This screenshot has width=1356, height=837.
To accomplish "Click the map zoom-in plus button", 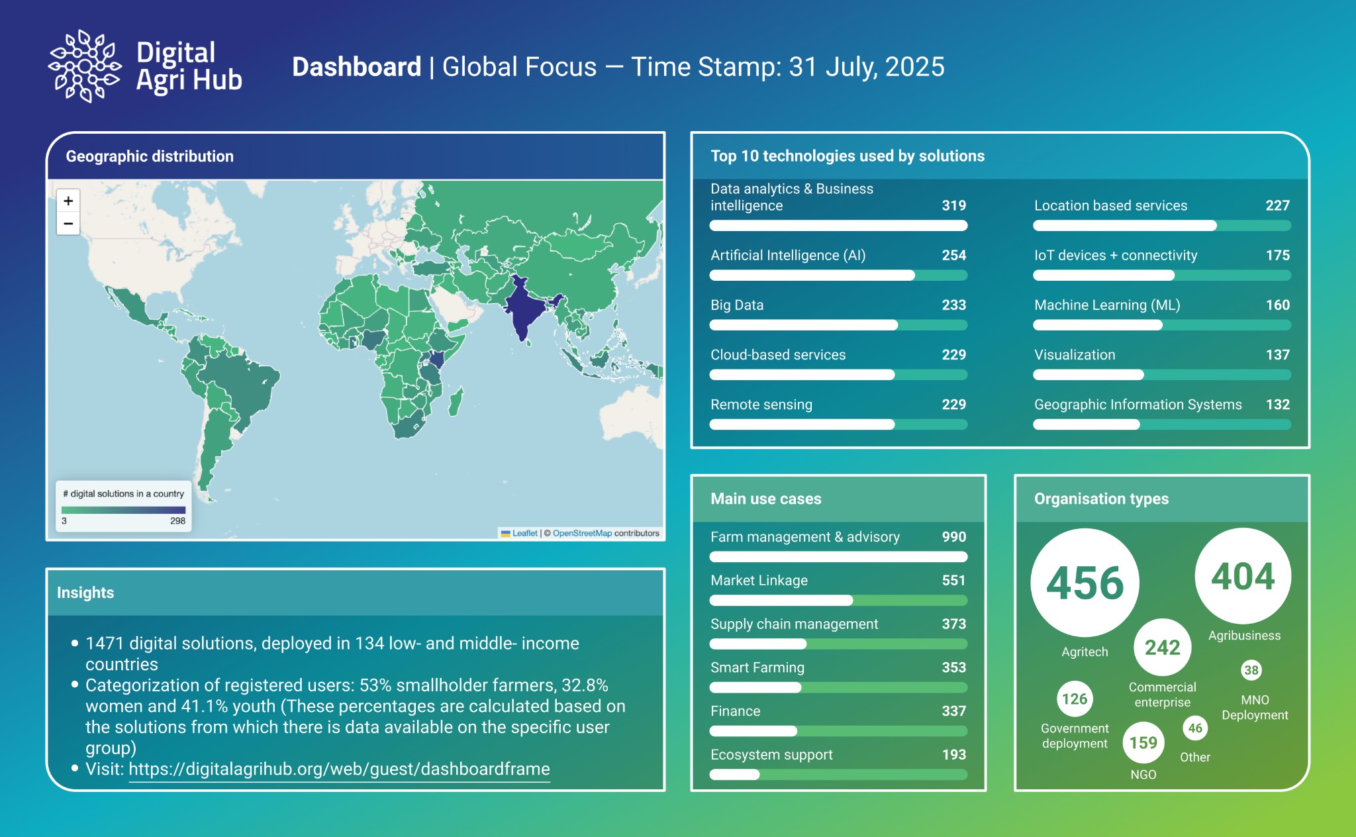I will [x=68, y=201].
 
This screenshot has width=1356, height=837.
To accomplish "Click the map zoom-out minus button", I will [x=68, y=224].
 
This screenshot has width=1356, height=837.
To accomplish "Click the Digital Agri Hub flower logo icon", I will [x=85, y=66].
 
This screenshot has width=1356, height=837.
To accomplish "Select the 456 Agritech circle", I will [x=1085, y=583].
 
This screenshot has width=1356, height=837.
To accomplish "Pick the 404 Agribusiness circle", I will [x=1243, y=576].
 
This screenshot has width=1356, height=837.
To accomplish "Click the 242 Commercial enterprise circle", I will [x=1162, y=647].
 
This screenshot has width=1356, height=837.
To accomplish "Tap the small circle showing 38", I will [x=1251, y=670].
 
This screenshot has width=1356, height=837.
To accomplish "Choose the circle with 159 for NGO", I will [x=1143, y=742].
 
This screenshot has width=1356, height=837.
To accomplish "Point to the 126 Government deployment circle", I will [x=1074, y=699].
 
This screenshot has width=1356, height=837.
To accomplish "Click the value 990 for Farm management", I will [x=953, y=537].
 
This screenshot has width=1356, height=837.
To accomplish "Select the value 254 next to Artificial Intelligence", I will [x=953, y=256].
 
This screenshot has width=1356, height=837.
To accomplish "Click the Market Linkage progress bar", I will [x=838, y=601].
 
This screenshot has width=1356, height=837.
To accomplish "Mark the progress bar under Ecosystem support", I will [x=838, y=775].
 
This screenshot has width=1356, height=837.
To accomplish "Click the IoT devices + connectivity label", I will [x=1116, y=256].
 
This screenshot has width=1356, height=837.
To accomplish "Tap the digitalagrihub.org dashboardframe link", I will [x=339, y=769].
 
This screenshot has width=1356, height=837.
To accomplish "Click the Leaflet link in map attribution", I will [x=524, y=533].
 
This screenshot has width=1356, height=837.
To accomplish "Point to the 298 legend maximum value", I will [x=177, y=521].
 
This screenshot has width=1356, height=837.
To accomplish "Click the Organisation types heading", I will [x=1101, y=499].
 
